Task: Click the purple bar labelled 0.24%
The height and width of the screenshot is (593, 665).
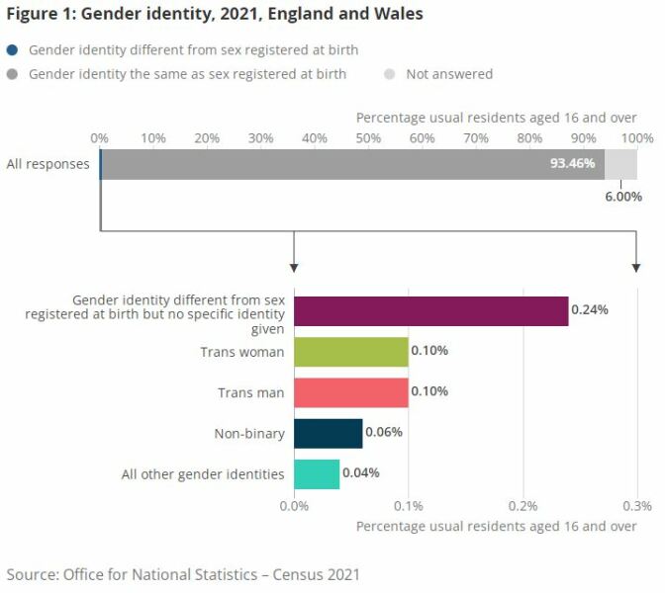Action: click(x=431, y=310)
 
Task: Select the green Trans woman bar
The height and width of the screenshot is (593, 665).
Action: click(x=351, y=352)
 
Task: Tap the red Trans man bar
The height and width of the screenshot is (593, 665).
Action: click(x=351, y=392)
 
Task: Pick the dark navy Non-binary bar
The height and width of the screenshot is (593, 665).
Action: click(x=329, y=433)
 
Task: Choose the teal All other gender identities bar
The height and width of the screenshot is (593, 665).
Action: click(x=317, y=473)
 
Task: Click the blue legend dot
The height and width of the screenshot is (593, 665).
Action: click(x=12, y=50)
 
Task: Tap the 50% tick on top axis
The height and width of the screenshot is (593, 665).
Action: click(x=368, y=138)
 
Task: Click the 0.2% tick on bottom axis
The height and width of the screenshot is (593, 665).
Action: click(x=523, y=505)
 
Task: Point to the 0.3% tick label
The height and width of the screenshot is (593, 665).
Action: click(x=636, y=505)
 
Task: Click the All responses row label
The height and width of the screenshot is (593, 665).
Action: click(x=47, y=164)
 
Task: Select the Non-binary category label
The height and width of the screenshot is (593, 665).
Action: click(x=249, y=434)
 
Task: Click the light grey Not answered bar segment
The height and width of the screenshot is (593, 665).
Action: click(x=620, y=164)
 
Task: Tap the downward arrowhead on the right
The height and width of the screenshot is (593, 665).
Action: click(x=636, y=268)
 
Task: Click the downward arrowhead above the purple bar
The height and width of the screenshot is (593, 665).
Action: click(x=295, y=268)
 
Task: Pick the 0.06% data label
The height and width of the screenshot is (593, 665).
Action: click(x=385, y=433)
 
